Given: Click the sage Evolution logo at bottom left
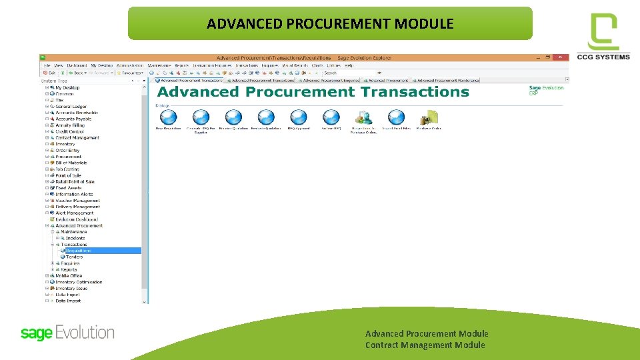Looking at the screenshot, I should coord(67,332).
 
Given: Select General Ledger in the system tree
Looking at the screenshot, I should coord(72,107).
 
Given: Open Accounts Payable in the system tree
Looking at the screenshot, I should coord(74,119).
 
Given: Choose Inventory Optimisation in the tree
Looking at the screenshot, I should coord(79,282).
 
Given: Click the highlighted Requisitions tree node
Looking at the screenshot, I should coord(77,251).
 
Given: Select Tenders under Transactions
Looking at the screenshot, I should coord(74,257).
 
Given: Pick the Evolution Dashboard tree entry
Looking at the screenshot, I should coord(76,219).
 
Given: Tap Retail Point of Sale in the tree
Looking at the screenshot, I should coord(75,181).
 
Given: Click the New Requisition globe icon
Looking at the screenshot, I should coord(168,117).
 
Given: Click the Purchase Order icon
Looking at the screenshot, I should coord(429,117).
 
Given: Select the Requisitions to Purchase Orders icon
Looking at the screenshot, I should coord(364,117).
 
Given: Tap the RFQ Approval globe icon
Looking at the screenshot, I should coord(298,117).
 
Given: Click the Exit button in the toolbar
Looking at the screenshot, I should coord(49,73).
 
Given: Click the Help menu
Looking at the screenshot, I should coord(349,65).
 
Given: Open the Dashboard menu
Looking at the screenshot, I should coord(77,65).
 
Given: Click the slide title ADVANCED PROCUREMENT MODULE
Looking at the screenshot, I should coord(330,24).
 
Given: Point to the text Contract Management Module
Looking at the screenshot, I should coord(425,345).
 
